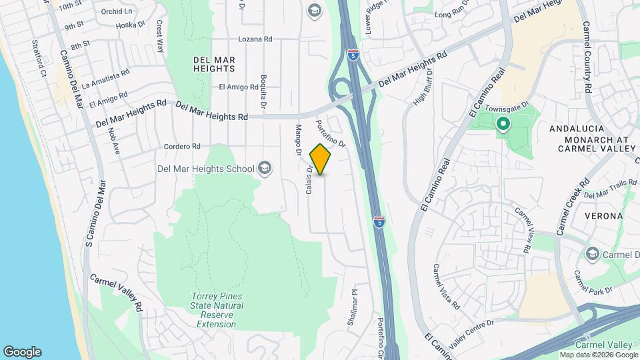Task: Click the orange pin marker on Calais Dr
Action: point(321,159)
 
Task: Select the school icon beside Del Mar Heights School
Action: point(265,167)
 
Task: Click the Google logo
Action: point(22,351)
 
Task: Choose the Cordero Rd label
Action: point(182,146)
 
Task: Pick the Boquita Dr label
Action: point(264,92)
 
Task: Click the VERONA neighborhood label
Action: point(603,216)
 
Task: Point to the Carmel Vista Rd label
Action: point(446,287)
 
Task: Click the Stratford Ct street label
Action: point(37,59)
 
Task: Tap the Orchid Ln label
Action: point(117,12)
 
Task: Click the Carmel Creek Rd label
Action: point(572,207)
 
